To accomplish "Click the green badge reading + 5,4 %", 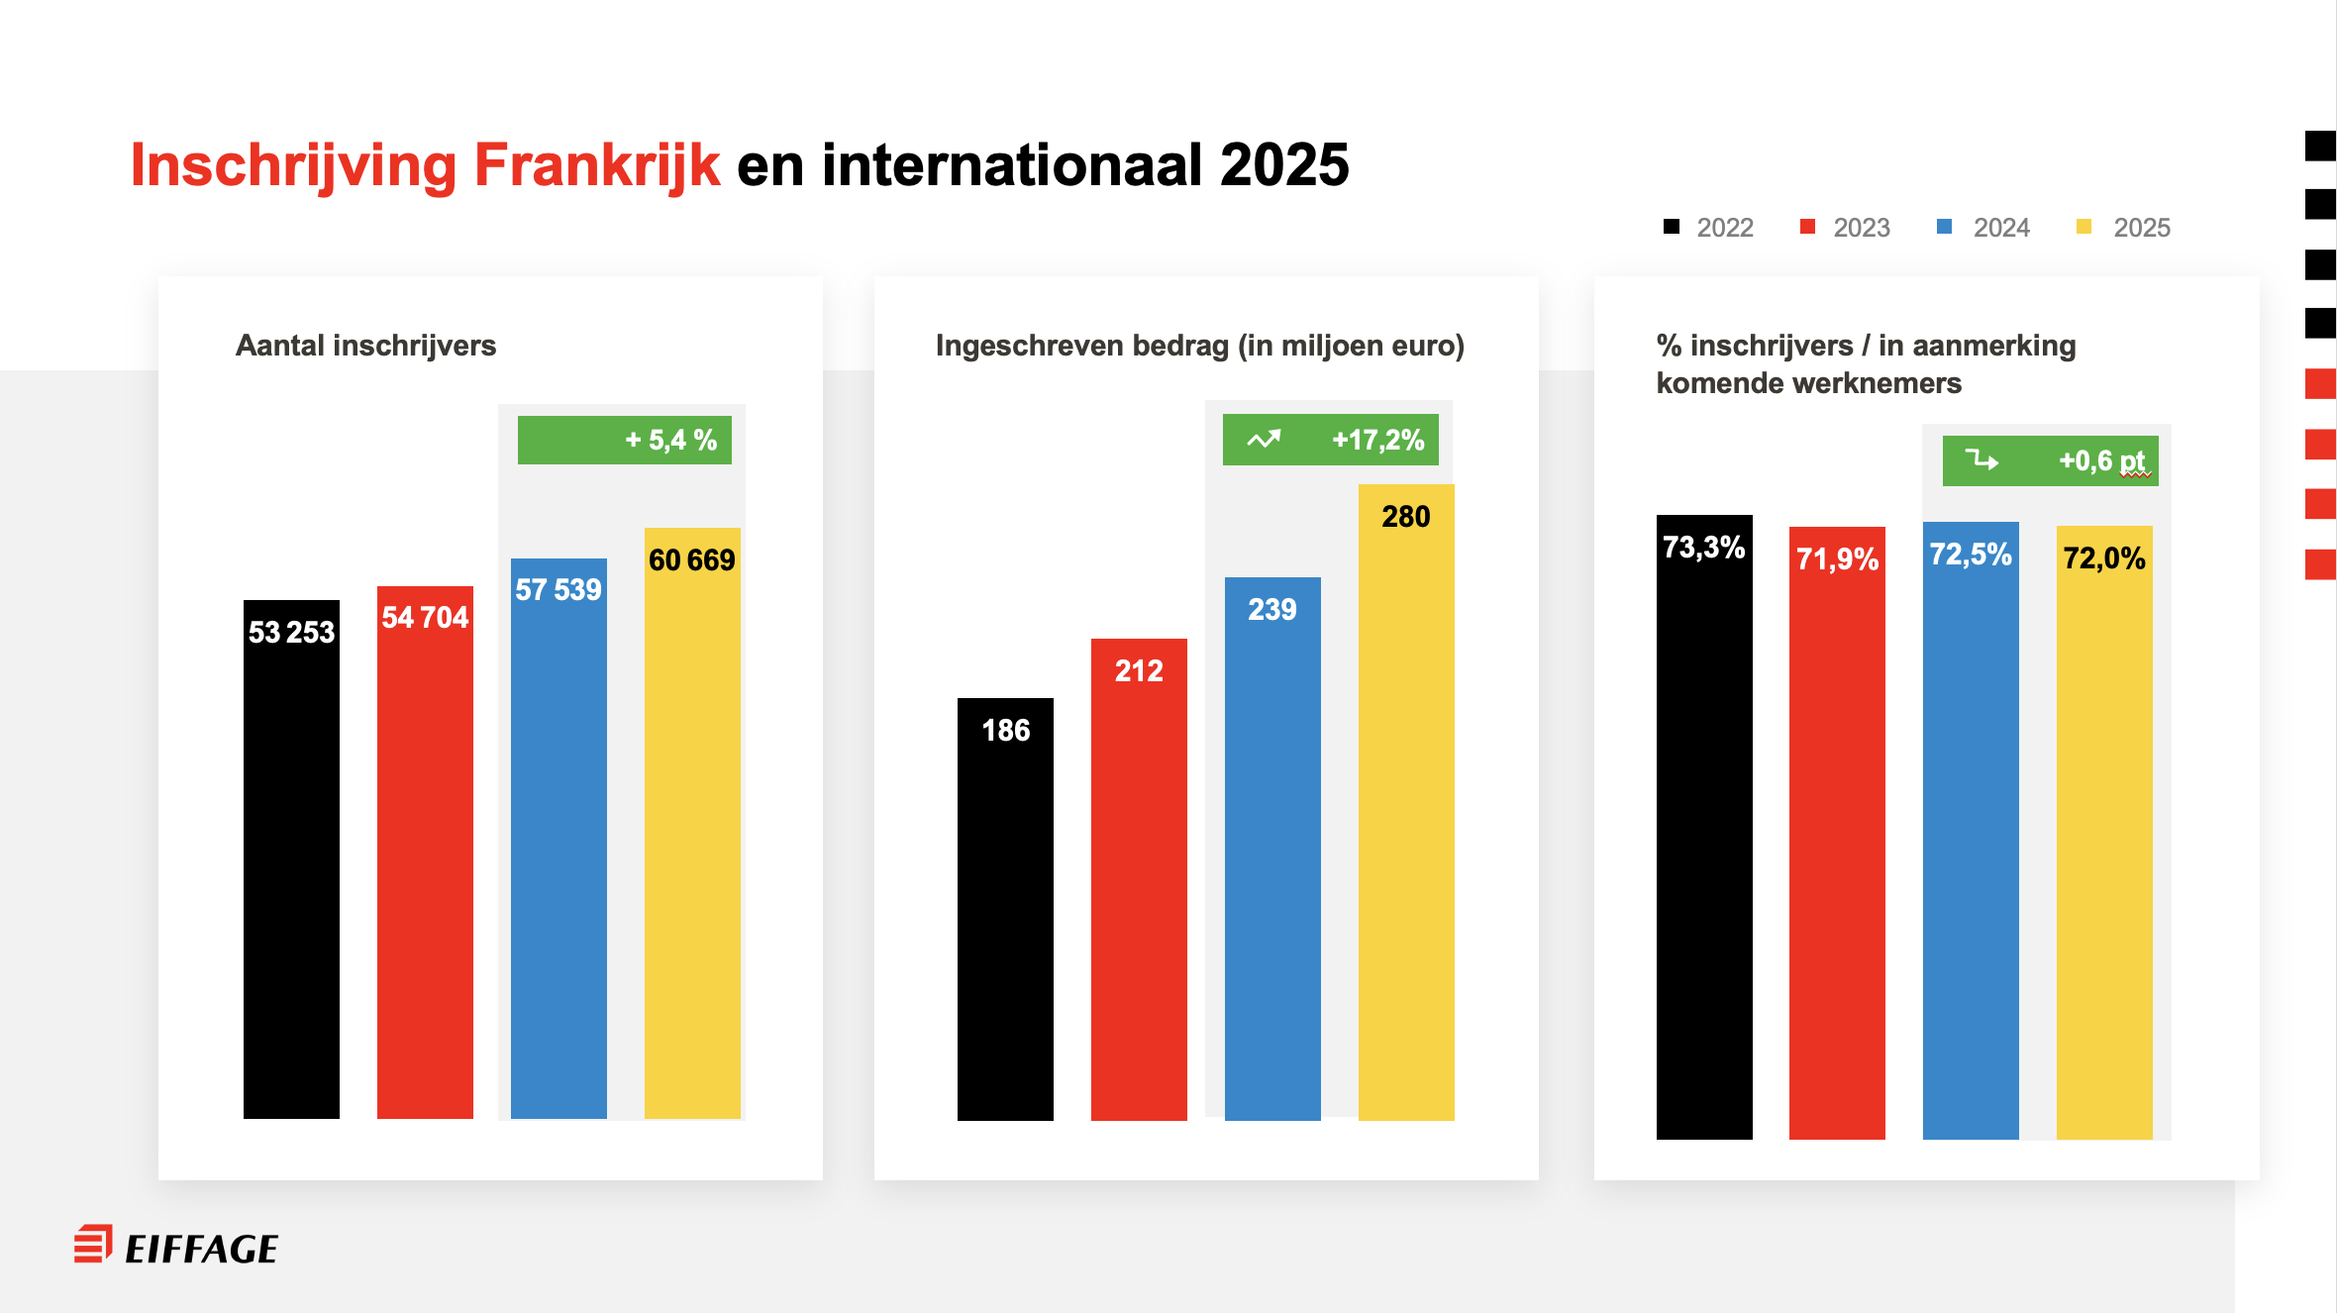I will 625,440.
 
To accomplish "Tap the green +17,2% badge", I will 1330,440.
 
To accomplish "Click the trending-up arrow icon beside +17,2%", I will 1264,439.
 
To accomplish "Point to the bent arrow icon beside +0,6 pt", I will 1981,459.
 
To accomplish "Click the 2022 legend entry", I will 1709,228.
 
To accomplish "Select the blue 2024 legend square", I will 1944,227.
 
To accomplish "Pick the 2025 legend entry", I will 2124,228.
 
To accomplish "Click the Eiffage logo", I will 176,1247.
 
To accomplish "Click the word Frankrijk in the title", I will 597,164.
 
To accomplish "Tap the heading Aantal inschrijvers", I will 365,346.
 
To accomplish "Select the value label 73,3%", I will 1703,547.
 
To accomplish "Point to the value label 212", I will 1139,670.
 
